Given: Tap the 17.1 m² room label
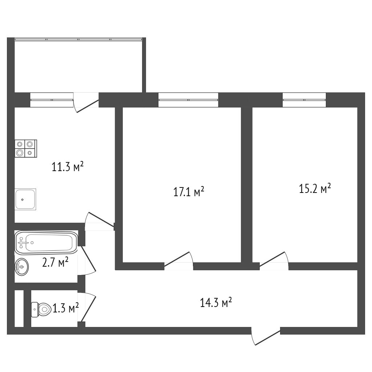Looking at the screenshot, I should click(x=189, y=191).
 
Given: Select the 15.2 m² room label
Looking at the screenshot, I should click(x=315, y=189).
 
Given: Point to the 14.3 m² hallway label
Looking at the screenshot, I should click(x=216, y=303).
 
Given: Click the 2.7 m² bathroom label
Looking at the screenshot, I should click(x=56, y=262).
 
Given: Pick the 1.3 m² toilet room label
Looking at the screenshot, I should click(x=66, y=309).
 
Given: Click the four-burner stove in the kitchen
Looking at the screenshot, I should click(x=26, y=149).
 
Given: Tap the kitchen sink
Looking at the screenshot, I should click(x=25, y=199).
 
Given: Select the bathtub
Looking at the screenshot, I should click(x=46, y=242).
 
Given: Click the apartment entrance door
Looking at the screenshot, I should click(x=266, y=336).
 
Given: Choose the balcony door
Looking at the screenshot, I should click(x=86, y=102).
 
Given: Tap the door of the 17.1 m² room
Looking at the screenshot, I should click(x=178, y=262).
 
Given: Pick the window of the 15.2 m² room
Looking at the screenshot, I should click(x=304, y=100).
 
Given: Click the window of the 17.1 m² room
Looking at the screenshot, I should click(x=188, y=100).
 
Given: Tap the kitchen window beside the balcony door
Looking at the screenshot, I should click(x=52, y=100).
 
